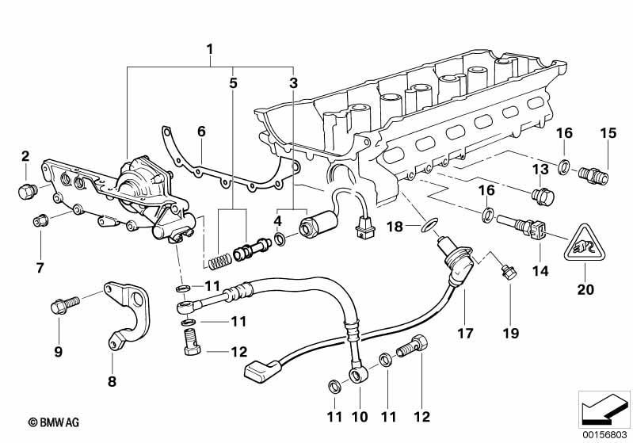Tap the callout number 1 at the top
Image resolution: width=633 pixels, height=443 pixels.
(209, 50)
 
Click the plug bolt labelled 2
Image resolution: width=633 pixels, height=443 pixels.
(28, 191)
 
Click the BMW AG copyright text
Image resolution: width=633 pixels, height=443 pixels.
(54, 422)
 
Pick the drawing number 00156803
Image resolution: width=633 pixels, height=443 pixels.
(604, 435)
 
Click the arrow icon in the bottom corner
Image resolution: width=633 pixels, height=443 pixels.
(604, 410)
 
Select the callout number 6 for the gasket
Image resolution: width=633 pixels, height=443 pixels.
(201, 132)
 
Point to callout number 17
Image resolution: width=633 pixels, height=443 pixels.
(465, 334)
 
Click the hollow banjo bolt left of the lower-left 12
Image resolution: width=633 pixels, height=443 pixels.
(192, 342)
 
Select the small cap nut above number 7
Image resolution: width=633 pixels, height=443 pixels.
(40, 221)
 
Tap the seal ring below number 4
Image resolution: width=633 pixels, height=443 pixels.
(280, 239)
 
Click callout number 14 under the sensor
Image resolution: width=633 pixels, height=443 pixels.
(540, 270)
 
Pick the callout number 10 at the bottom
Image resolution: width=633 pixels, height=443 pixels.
(360, 416)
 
